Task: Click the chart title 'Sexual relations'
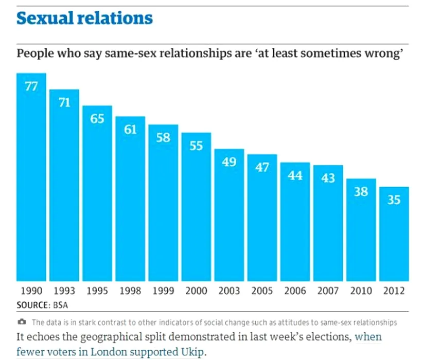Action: (x=85, y=19)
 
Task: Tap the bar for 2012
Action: (x=394, y=234)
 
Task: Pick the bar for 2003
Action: (x=229, y=216)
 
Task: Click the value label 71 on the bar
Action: (x=64, y=102)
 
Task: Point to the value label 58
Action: (x=163, y=137)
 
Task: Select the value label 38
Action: (x=361, y=191)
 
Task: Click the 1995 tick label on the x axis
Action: (x=97, y=291)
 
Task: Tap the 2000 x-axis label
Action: (x=196, y=291)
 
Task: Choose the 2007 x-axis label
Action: (x=328, y=291)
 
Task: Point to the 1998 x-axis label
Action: (x=130, y=291)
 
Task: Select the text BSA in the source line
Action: (x=60, y=304)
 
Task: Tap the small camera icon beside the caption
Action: (x=22, y=322)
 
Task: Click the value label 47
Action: (x=262, y=167)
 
